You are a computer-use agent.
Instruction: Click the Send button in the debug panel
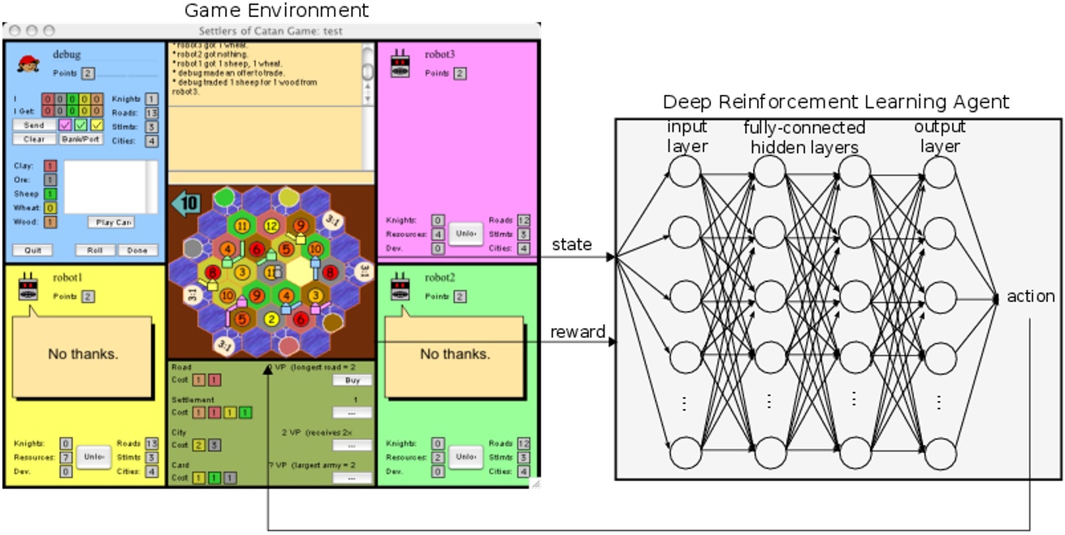[x=33, y=126]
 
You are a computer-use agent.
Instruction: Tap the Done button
[x=137, y=250]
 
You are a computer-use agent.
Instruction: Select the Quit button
[x=32, y=250]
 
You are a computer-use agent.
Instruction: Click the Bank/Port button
[x=80, y=140]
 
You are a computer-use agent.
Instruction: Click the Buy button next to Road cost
[x=352, y=380]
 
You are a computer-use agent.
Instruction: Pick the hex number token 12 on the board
[x=271, y=225]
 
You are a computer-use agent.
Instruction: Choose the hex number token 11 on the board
[x=241, y=225]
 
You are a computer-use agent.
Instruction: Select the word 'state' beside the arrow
[x=572, y=244]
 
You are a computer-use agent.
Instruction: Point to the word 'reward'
[x=578, y=331]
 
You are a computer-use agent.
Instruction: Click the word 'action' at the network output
[x=1030, y=296]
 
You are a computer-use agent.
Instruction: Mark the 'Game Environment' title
[x=276, y=11]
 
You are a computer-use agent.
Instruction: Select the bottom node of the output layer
[x=940, y=452]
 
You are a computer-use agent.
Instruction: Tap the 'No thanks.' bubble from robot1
[x=82, y=354]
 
